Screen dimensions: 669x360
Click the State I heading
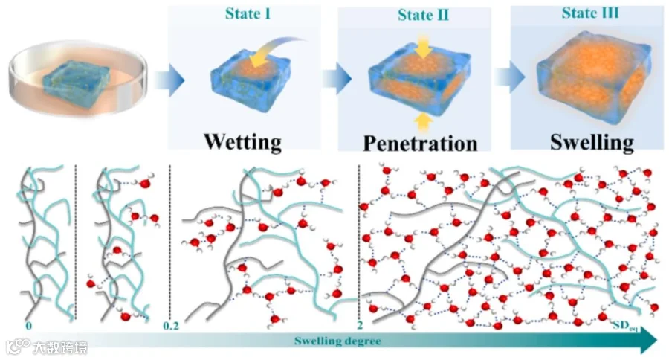[x=248, y=13]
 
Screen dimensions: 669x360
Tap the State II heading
[x=423, y=16]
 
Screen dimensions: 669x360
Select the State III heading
[x=590, y=13]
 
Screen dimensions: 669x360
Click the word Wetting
[x=243, y=141]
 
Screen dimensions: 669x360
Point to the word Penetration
[x=420, y=144]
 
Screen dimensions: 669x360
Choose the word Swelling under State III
[x=592, y=142]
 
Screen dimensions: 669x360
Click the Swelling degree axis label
[x=337, y=341]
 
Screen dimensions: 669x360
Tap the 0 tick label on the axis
[x=28, y=327]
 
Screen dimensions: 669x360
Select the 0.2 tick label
[x=171, y=327]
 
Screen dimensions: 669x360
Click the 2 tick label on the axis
[x=360, y=325]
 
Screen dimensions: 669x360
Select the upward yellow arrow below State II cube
[x=423, y=123]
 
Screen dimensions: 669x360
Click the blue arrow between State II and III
[x=510, y=77]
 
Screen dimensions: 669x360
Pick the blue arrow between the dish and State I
[x=169, y=80]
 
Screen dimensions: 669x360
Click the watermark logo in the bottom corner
[x=47, y=347]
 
